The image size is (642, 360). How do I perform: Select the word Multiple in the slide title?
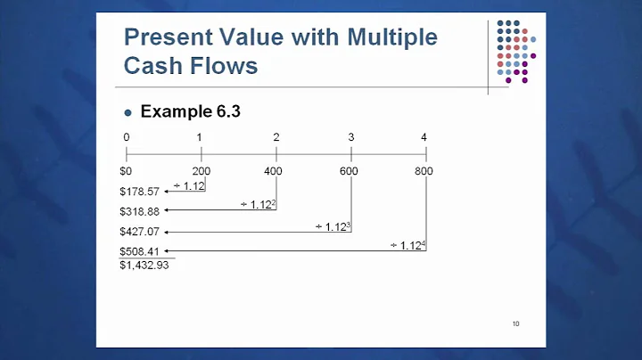[x=390, y=37]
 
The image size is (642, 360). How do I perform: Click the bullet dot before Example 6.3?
[x=128, y=113]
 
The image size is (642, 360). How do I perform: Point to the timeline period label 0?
[x=127, y=137]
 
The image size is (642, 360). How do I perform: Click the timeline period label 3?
[x=351, y=137]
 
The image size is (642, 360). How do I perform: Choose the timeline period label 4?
[x=424, y=137]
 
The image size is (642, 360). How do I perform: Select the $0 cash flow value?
[x=126, y=170]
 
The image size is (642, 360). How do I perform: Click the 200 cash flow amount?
[x=201, y=170]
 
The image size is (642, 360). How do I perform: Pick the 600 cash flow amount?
[x=350, y=170]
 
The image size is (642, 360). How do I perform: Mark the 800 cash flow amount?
[x=424, y=170]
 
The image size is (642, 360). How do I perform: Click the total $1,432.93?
[x=144, y=266]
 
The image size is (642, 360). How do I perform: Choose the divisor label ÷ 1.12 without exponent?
[x=188, y=184]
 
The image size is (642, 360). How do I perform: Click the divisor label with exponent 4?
[x=407, y=245]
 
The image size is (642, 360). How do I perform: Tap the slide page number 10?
[x=515, y=323]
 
